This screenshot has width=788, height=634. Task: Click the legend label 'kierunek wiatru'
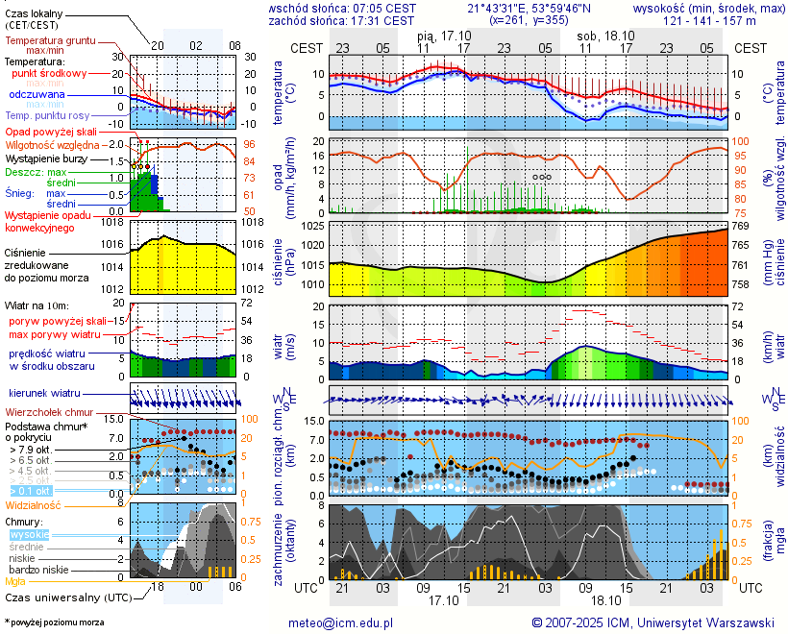[x=44, y=394]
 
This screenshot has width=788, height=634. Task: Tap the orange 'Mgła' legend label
[x=15, y=581]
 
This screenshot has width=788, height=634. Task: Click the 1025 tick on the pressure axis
[x=313, y=226]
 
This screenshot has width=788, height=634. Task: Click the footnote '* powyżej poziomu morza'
[x=54, y=622]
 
